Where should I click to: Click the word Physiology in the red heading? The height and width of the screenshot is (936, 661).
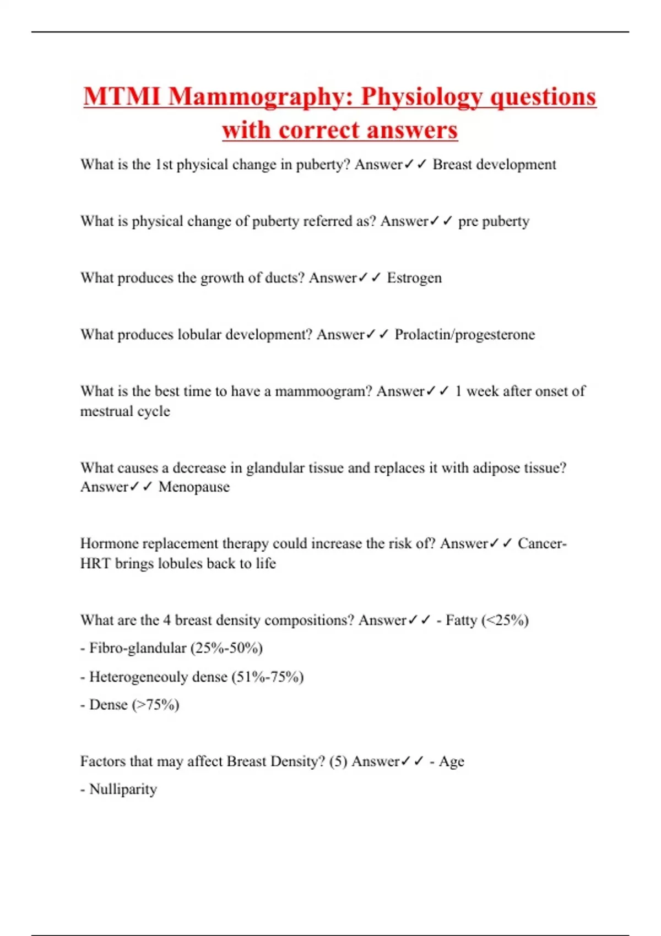coord(421,96)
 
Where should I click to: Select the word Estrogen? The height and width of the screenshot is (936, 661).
coord(414,277)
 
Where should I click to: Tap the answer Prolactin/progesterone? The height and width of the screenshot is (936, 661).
coord(464,334)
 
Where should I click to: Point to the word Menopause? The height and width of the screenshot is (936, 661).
coord(194,487)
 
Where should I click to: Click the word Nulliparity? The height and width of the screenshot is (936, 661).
coord(123,789)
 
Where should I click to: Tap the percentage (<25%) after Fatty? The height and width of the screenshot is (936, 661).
coord(505,620)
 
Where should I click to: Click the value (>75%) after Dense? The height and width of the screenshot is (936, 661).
coord(155,705)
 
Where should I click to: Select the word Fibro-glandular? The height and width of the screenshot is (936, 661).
coord(138,648)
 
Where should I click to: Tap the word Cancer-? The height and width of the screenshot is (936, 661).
coord(542,543)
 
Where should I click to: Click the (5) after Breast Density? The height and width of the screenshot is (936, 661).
coord(338,761)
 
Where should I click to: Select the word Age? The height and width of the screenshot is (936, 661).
coord(452,761)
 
